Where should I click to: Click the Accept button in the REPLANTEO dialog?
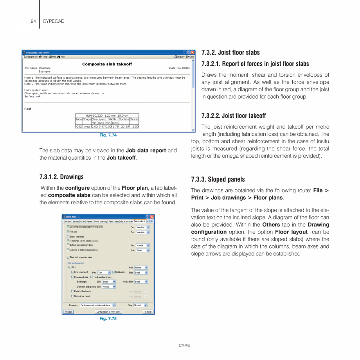point(68,311)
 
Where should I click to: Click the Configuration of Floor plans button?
point(108,311)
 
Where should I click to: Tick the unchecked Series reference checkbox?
point(68,237)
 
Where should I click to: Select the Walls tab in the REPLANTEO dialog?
point(83,221)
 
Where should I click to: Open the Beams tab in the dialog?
point(76,221)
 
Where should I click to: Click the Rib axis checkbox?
point(68,232)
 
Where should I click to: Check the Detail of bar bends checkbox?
point(72,291)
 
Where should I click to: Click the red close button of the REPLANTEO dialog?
point(152,216)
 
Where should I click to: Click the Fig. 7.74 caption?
point(108,135)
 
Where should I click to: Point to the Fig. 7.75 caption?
point(108,319)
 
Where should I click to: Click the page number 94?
point(33,21)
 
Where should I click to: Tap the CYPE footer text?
point(184,346)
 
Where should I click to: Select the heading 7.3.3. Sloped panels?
point(218,180)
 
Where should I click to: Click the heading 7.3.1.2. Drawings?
point(61,177)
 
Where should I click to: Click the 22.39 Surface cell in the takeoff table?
point(124,126)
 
